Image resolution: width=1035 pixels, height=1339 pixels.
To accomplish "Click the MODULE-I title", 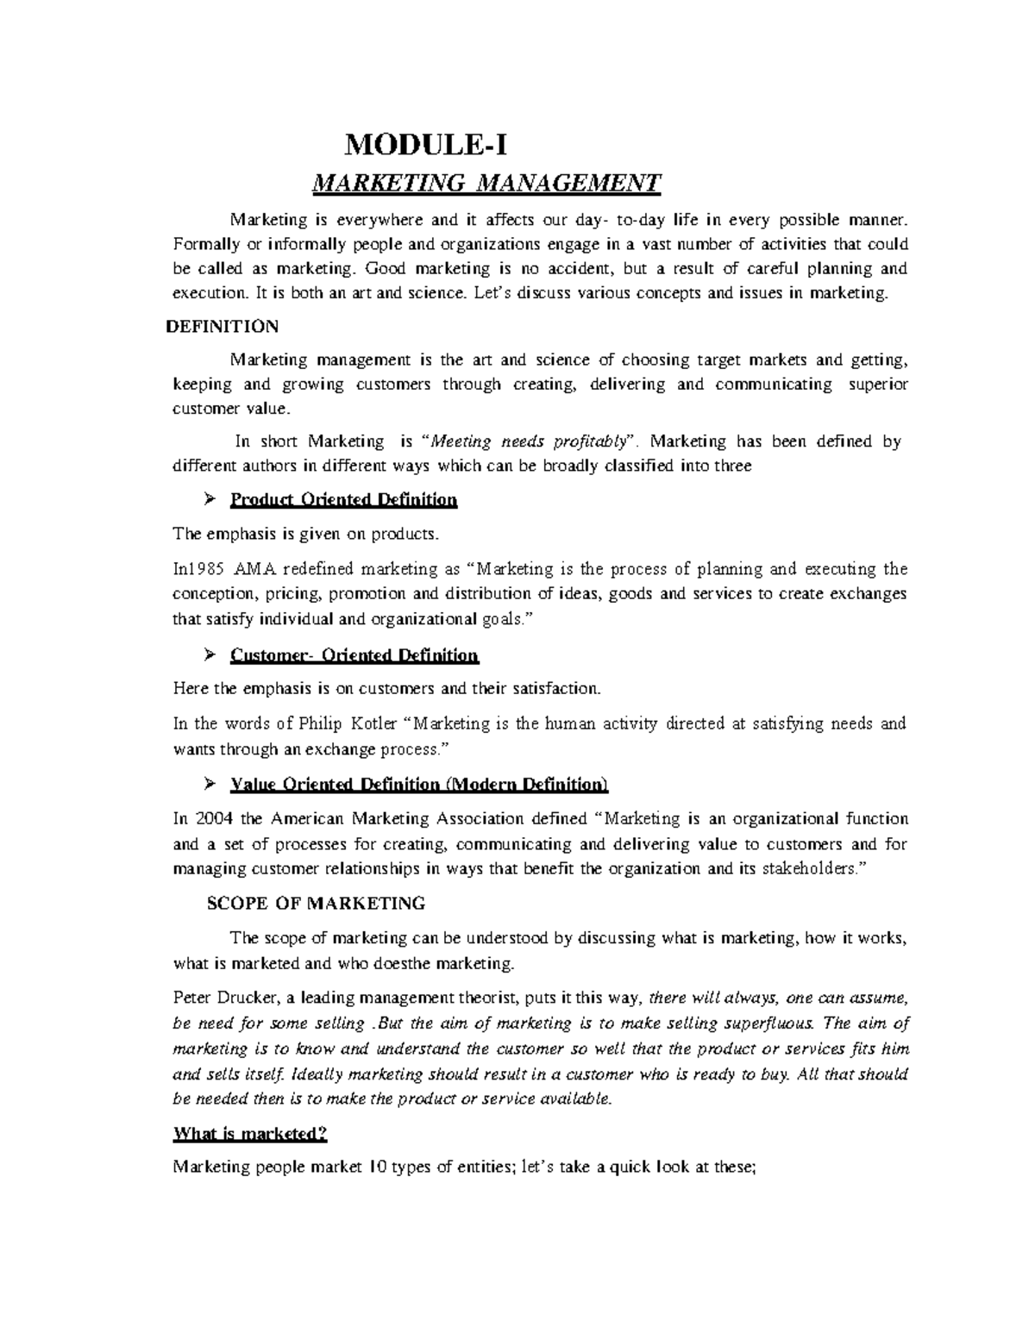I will coord(421,143).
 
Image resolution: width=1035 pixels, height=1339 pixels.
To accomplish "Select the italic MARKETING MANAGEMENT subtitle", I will coord(486,183).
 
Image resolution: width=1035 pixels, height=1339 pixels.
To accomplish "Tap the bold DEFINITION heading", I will coord(221,326).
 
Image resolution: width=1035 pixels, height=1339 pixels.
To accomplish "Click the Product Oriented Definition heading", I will coord(343,500).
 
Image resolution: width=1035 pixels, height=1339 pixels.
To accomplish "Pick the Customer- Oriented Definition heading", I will coord(354,655).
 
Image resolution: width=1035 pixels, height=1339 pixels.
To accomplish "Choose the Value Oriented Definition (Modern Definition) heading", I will coord(419,785).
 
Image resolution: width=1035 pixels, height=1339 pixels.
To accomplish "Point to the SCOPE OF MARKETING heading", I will coord(317,904).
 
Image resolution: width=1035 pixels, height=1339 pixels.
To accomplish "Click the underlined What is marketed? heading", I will coord(250,1134).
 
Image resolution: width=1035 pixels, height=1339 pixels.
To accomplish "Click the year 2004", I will coord(214,818).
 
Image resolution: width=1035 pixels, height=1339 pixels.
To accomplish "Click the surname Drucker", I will coord(250,998).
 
